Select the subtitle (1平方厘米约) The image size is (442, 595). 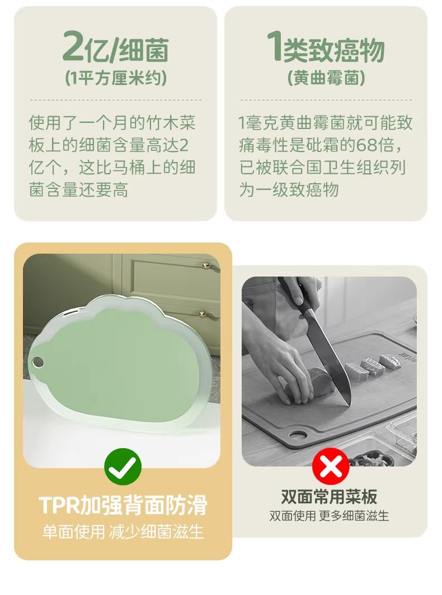(x=116, y=79)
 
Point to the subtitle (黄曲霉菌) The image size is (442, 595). (x=326, y=79)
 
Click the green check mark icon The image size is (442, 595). (x=123, y=467)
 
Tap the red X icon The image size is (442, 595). (x=331, y=467)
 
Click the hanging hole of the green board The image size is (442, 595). (x=37, y=363)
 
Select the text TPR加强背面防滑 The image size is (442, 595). (x=123, y=504)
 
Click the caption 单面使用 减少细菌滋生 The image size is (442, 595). (x=123, y=531)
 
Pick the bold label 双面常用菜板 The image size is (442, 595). (x=329, y=496)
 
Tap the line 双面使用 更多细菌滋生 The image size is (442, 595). (x=329, y=516)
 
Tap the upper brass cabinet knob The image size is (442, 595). (x=206, y=264)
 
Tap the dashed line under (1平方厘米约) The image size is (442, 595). (x=116, y=100)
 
